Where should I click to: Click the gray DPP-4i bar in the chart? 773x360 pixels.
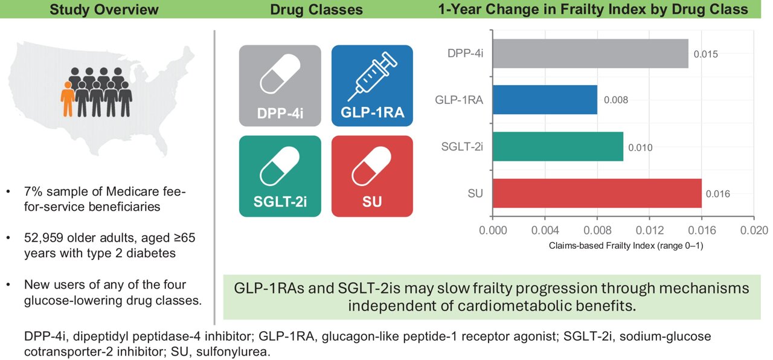point(590,54)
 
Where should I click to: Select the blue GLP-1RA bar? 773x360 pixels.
point(545,100)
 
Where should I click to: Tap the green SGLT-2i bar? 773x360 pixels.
point(557,147)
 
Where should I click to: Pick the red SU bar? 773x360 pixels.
point(597,193)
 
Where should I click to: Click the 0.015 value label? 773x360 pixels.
point(706,54)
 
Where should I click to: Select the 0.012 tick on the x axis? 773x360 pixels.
point(649,230)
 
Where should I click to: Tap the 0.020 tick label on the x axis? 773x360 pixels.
point(754,230)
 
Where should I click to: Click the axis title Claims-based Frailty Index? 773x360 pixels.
point(626,246)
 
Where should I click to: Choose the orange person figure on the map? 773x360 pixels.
point(68,99)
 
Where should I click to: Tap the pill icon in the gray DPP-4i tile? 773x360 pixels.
point(280,74)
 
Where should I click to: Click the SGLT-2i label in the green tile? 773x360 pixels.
point(280,201)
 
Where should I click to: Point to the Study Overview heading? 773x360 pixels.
point(104,9)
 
